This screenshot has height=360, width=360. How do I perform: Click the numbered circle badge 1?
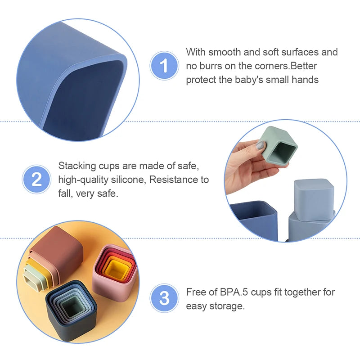click(x=164, y=66)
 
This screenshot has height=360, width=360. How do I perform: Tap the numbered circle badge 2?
click(x=36, y=179)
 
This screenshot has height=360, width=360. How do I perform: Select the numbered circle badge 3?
click(x=164, y=298)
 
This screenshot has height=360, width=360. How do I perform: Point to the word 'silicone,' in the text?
click(x=129, y=180)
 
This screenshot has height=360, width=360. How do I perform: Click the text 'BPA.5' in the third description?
click(x=234, y=292)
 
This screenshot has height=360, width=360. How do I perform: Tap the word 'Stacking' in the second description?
click(x=77, y=166)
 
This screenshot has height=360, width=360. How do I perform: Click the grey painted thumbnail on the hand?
click(x=260, y=145)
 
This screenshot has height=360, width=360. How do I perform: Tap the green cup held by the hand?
click(x=278, y=146)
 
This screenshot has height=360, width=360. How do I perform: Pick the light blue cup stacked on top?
click(x=314, y=198)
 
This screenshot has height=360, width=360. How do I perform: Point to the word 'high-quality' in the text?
click(x=83, y=180)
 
